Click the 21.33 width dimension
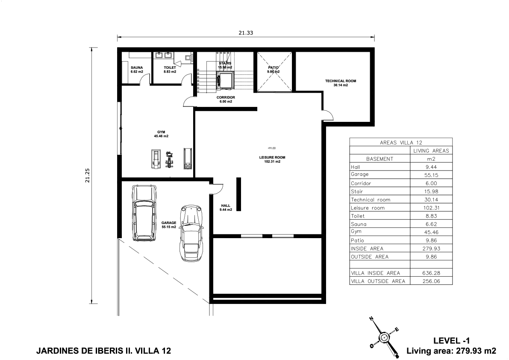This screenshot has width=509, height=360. tap(246, 33)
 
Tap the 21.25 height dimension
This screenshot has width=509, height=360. tap(87, 175)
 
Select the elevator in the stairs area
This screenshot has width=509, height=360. tap(225, 80)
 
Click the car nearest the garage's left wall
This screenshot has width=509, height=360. tap(144, 213)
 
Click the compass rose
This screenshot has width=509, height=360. tap(384, 337)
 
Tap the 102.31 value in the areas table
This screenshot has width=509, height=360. tap(431, 208)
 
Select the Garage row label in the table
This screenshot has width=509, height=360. tap(360, 174)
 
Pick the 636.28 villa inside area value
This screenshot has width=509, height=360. tap(431, 273)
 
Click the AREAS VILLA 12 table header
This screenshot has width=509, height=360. tap(401, 142)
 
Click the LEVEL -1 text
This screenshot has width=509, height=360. tap(451, 340)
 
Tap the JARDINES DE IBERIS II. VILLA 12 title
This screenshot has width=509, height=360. tap(103, 351)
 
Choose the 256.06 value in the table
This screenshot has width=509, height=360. tap(431, 281)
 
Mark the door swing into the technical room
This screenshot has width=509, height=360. tap(328, 115)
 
